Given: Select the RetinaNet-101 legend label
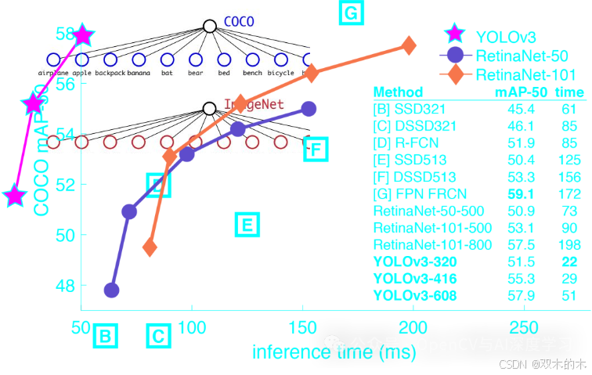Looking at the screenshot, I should click(x=525, y=75).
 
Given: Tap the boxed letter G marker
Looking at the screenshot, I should click(x=350, y=13).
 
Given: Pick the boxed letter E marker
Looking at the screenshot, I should click(x=246, y=225).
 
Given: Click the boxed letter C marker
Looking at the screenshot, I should click(x=158, y=337).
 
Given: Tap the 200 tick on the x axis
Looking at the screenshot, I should click(x=413, y=328).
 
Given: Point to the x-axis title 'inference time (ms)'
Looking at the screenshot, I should click(x=334, y=352).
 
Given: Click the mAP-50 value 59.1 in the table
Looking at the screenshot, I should click(x=521, y=193).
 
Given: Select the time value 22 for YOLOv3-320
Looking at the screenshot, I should click(x=569, y=261).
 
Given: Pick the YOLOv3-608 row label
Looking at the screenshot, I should click(x=415, y=296).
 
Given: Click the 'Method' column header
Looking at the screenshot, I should click(x=398, y=92).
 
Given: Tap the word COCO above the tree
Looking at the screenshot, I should click(x=239, y=21).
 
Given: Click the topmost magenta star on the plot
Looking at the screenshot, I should click(x=83, y=35).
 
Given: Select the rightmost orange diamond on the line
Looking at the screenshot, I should click(x=408, y=45).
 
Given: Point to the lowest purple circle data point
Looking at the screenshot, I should click(x=111, y=290).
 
